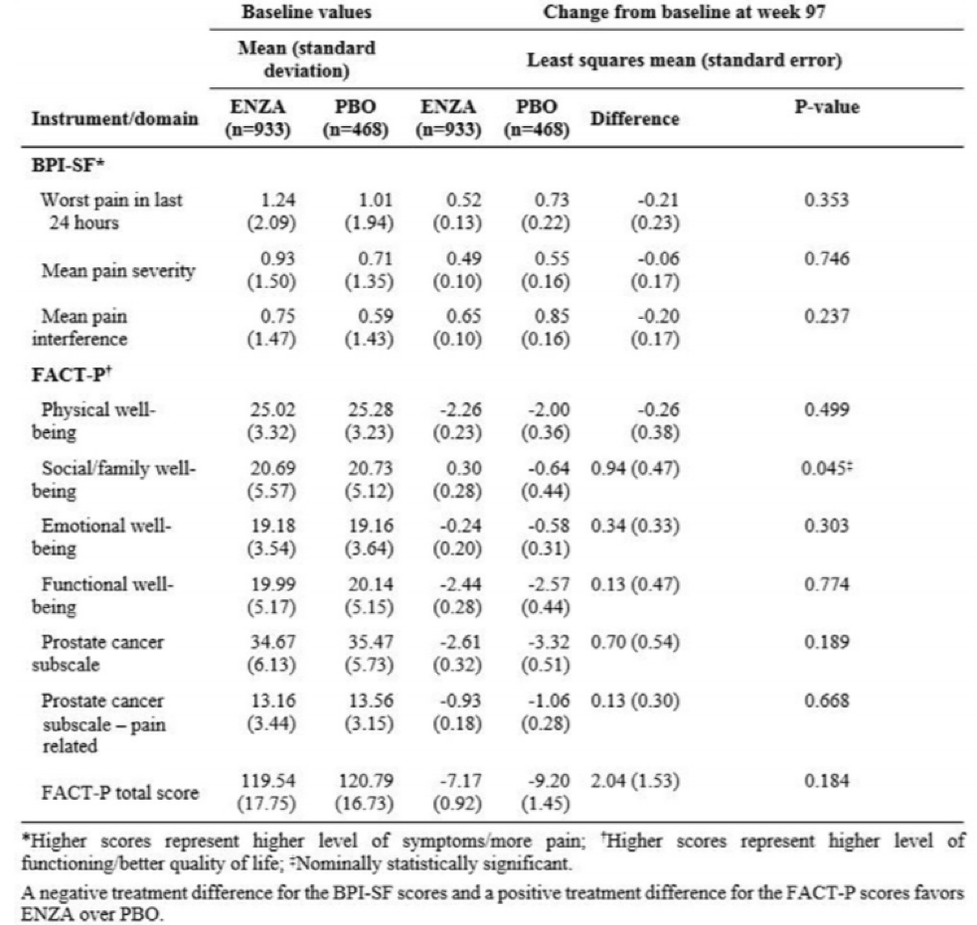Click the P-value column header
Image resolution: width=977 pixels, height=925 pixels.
click(826, 106)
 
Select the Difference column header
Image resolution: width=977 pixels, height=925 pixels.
click(634, 118)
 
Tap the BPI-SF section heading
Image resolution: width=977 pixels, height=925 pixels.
click(68, 165)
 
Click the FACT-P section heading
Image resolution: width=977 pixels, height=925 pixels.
click(72, 375)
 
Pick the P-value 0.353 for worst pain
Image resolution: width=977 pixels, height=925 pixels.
click(826, 200)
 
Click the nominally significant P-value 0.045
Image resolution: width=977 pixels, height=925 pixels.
click(826, 468)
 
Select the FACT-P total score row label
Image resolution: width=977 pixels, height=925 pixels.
click(119, 792)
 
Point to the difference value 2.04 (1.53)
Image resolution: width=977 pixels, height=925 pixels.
click(634, 781)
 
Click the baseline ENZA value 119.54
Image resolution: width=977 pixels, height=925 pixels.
click(268, 781)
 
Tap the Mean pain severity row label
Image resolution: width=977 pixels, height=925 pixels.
click(117, 270)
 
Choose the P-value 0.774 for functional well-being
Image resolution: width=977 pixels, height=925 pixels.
click(826, 583)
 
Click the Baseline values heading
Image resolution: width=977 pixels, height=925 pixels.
click(306, 12)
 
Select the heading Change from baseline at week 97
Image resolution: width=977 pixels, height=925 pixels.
click(684, 12)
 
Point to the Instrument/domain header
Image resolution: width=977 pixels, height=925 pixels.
click(114, 118)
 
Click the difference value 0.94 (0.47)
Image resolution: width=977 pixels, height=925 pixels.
click(634, 468)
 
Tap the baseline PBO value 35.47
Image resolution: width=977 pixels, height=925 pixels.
click(371, 642)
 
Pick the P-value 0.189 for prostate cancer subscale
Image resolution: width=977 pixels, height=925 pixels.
click(826, 642)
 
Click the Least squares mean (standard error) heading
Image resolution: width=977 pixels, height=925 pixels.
click(684, 61)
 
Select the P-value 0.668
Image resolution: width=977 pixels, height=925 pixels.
click(826, 700)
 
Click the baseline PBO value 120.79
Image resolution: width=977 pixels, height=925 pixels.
click(367, 781)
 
